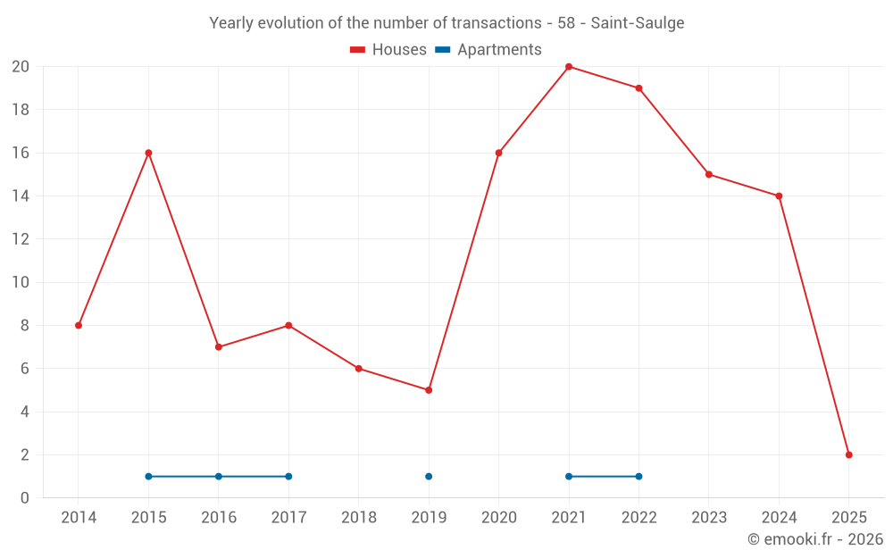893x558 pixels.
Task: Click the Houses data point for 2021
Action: pos(569,67)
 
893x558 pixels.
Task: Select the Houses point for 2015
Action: pos(148,153)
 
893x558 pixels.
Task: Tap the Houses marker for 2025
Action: pos(848,454)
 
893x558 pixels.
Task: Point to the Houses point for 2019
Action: pos(429,390)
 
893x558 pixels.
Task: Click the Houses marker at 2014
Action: pos(79,325)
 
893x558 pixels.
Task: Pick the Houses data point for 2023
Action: pos(708,174)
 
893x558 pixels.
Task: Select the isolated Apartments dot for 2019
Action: pos(429,476)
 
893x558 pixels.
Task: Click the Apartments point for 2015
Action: pos(148,476)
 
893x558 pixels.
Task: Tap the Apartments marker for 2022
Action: pos(638,476)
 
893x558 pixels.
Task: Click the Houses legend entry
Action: pos(388,50)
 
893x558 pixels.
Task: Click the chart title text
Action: pos(446,23)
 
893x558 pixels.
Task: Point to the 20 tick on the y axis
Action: pos(21,67)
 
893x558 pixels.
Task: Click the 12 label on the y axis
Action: pos(21,239)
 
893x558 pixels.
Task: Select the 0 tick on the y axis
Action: pos(25,497)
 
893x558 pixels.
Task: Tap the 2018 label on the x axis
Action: pos(358,518)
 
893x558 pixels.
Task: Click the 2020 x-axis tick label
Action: pos(498,518)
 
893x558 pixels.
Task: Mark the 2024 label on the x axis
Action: pos(779,518)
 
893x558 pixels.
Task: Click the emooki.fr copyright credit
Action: pos(814,539)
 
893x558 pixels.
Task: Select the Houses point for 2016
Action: pos(219,346)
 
